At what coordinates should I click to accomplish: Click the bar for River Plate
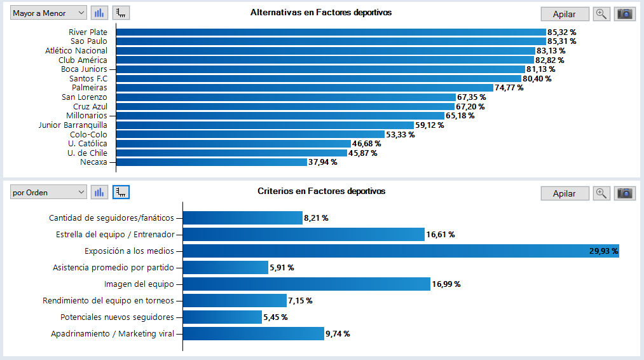pos(331,32)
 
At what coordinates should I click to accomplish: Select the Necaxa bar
pos(212,162)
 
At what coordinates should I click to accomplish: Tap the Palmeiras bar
pos(305,88)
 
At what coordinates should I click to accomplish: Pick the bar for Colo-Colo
pos(250,134)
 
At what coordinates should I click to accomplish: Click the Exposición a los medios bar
pos(401,251)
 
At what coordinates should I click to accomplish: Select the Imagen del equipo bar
pos(306,284)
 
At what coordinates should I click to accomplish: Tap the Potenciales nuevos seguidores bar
pos(223,317)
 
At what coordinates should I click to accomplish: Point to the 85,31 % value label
pos(561,41)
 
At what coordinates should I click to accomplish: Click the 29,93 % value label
pos(603,251)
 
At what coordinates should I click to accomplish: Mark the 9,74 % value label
pos(338,334)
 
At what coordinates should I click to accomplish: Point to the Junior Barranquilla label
pos(72,125)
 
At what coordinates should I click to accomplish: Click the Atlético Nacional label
pos(76,50)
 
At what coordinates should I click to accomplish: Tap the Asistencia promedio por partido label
pos(113,268)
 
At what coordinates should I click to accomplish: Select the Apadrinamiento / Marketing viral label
pos(113,334)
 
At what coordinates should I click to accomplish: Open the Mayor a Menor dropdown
pos(48,13)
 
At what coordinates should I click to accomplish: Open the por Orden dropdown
pos(48,192)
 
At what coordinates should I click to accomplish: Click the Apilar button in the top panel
pos(565,15)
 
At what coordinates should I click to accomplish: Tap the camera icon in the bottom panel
pos(625,193)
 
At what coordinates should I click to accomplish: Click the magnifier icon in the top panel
pos(601,14)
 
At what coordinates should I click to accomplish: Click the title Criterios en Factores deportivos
pos(321,191)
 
